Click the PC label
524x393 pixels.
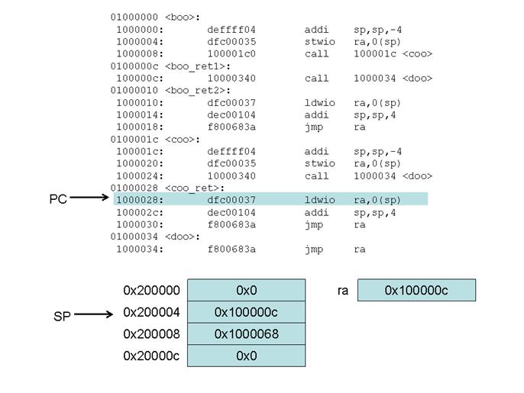(x=58, y=200)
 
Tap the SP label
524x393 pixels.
(x=62, y=315)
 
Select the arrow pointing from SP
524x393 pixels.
(x=95, y=314)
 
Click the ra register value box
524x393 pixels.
(x=416, y=290)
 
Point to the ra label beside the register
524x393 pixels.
(x=343, y=290)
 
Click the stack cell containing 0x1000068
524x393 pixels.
(x=246, y=333)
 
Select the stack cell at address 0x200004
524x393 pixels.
(x=246, y=312)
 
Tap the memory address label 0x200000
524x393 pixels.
(x=151, y=290)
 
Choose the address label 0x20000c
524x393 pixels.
(x=151, y=356)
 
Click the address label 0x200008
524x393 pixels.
(x=151, y=333)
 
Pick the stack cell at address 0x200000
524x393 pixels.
(x=246, y=290)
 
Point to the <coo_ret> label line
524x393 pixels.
(x=167, y=188)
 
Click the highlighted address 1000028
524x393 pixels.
(x=139, y=200)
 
